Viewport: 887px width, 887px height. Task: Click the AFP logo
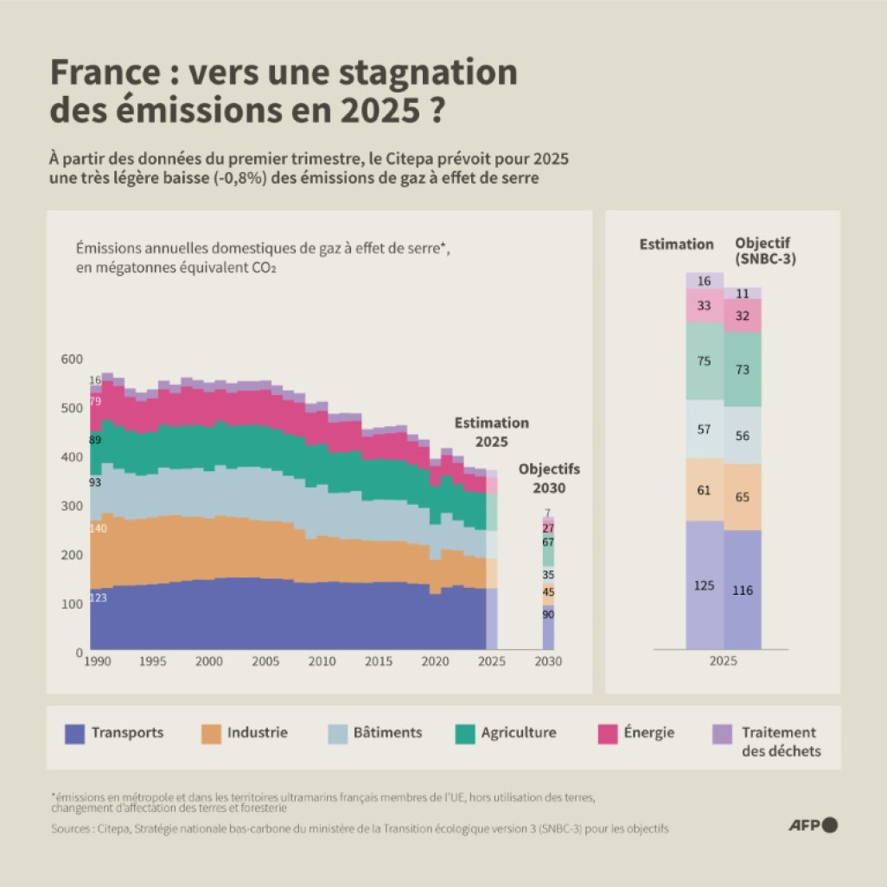813,825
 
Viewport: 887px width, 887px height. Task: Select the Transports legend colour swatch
76,733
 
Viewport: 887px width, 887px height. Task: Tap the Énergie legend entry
648,732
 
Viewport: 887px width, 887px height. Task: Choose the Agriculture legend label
519,732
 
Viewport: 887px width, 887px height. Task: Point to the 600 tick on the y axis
72,360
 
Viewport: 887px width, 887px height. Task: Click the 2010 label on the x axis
322,661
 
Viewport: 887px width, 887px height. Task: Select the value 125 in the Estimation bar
705,586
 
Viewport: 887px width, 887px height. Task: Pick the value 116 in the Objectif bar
742,590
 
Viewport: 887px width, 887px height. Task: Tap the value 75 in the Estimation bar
705,361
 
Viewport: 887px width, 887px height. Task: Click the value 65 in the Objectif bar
742,498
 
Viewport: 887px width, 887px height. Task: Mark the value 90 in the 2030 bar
548,615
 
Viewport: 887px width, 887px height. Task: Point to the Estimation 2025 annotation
492,431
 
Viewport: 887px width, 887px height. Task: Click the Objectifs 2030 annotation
549,478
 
